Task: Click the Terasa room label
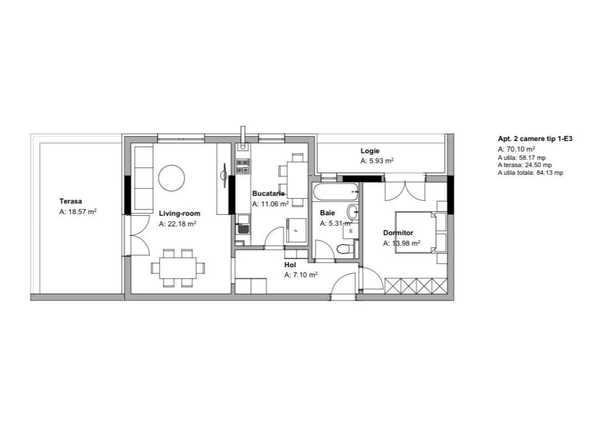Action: pyautogui.click(x=70, y=201)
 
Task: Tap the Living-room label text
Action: pyautogui.click(x=180, y=214)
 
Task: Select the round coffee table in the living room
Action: pyautogui.click(x=171, y=178)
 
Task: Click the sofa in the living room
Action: pyautogui.click(x=143, y=180)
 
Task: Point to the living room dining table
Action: pyautogui.click(x=178, y=268)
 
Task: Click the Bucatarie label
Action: pyautogui.click(x=269, y=194)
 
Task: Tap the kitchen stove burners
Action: pyautogui.click(x=243, y=166)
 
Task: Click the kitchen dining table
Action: pyautogui.click(x=298, y=180)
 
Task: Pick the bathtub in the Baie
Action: pyautogui.click(x=335, y=192)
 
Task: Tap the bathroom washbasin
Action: pyautogui.click(x=352, y=211)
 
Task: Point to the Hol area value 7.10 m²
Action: pyautogui.click(x=301, y=275)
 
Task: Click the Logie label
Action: pyautogui.click(x=370, y=151)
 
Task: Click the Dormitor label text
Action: pyautogui.click(x=398, y=233)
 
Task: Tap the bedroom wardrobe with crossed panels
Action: pyautogui.click(x=416, y=286)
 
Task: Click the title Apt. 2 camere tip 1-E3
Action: pyautogui.click(x=535, y=139)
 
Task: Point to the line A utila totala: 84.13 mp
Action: pyautogui.click(x=531, y=173)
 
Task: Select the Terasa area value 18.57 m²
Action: pyautogui.click(x=78, y=211)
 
